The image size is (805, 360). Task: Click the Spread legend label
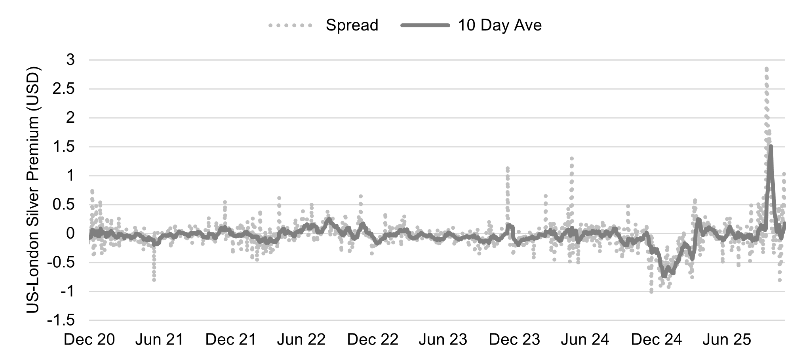[352, 25]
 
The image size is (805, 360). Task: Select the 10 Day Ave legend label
[500, 25]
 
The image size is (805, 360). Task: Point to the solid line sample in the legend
[426, 26]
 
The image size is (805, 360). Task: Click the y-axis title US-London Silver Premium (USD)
[34, 189]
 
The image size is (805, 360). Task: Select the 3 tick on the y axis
[70, 60]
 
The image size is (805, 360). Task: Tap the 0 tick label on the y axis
[70, 234]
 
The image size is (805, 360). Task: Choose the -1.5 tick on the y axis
[61, 320]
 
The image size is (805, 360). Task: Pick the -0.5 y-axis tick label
[61, 263]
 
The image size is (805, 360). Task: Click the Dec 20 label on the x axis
[89, 339]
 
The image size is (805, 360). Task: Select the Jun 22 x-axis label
[301, 339]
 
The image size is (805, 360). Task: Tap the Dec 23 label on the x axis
[514, 339]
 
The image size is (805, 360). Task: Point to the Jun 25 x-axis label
[727, 339]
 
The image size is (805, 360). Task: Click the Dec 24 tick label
[656, 339]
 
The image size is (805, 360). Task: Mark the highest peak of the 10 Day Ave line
[771, 147]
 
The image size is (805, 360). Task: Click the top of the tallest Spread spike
[767, 69]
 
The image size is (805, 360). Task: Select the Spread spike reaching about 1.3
[572, 158]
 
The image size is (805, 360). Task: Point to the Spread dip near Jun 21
[154, 280]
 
